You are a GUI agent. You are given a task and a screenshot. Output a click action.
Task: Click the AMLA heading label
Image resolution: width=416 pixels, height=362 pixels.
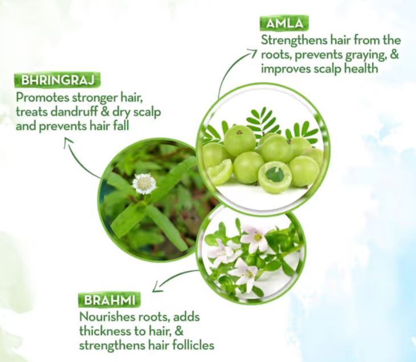(284, 24)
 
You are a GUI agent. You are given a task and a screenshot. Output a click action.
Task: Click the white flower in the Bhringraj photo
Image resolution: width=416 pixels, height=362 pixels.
(144, 183)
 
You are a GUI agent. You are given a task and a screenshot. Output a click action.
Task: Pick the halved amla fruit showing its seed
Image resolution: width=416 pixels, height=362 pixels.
(275, 176)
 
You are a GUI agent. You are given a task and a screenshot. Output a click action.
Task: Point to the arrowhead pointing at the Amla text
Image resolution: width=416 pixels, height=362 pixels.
(252, 54)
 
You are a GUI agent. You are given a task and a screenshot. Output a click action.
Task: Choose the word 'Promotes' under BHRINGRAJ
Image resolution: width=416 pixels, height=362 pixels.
(42, 97)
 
